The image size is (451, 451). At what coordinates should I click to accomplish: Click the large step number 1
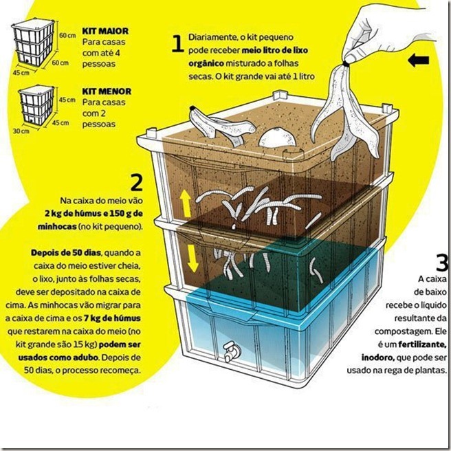[x=177, y=44]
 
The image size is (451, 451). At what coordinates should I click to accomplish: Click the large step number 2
[x=135, y=184]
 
